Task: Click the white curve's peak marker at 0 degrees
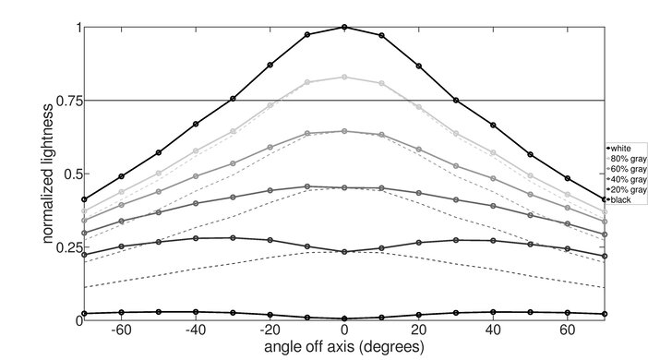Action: [x=344, y=28]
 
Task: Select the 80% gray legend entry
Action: [x=626, y=158]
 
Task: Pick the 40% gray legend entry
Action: [x=626, y=179]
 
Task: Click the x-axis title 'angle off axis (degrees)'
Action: [x=343, y=347]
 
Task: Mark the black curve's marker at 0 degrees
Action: [x=344, y=318]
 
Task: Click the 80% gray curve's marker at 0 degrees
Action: [x=344, y=78]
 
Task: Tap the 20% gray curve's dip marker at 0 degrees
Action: [x=344, y=251]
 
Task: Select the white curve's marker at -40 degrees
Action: [x=196, y=124]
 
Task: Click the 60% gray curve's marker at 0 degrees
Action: [x=344, y=131]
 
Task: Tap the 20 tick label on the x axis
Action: [x=419, y=330]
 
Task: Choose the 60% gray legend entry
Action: [x=626, y=168]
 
